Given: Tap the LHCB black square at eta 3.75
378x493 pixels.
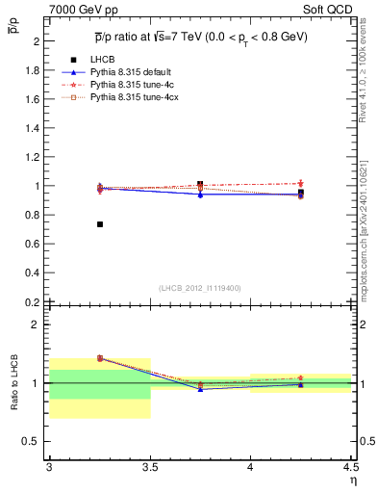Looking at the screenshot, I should point(200,184).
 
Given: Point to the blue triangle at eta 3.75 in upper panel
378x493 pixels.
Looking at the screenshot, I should point(200,195).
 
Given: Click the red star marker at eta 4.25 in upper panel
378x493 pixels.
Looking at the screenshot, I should point(301,183).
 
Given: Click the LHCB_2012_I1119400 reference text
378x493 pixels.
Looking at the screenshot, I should point(200,288).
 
